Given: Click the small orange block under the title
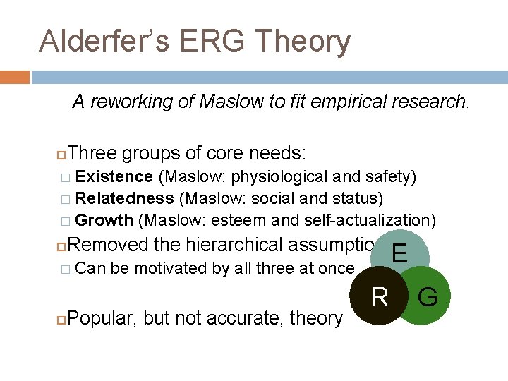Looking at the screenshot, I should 14,77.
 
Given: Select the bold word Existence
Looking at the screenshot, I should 114,176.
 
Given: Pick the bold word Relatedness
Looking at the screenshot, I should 124,198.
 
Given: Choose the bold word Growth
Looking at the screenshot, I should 104,220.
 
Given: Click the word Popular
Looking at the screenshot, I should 103,318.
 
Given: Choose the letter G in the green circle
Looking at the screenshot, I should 428,297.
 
